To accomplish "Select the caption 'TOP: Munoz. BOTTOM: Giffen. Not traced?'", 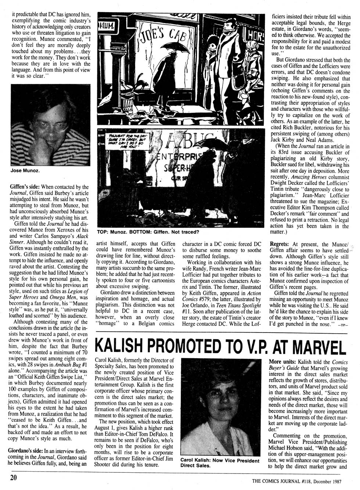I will pos(148,232).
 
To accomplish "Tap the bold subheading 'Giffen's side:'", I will pos(24,187).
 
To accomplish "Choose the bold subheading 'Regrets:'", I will pos(280,244).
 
